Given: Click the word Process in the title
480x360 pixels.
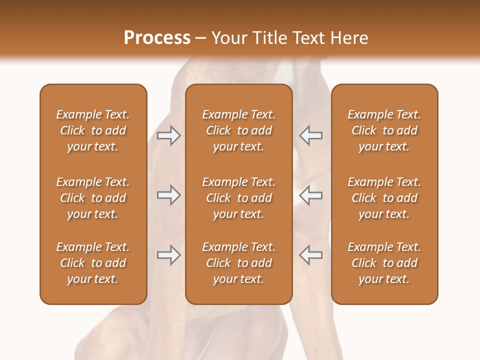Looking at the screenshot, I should click(x=157, y=38).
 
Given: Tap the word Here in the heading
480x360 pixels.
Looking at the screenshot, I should click(x=349, y=38).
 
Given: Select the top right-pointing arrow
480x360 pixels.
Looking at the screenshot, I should click(x=169, y=135).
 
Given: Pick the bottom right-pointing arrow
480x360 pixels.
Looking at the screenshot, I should click(x=169, y=255).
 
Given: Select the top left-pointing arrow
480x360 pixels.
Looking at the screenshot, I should click(x=310, y=135).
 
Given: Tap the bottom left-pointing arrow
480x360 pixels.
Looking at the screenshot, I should click(x=310, y=255).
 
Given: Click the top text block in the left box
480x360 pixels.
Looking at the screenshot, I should click(x=93, y=130).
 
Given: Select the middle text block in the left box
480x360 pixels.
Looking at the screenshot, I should click(x=93, y=198).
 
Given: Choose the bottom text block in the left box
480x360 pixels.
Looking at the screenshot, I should click(x=93, y=263).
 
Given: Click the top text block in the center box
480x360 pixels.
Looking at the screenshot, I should click(x=238, y=130).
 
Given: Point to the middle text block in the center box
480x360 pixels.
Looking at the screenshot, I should click(x=238, y=198).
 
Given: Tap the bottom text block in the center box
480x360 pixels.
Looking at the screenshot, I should click(x=238, y=263).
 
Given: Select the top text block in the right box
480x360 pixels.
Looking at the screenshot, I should click(x=384, y=130).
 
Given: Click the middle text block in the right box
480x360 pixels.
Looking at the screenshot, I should click(x=384, y=198).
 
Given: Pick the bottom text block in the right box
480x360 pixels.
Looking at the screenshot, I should click(x=384, y=263).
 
